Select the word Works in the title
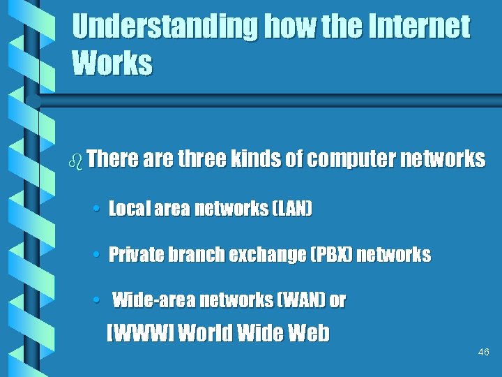(x=112, y=64)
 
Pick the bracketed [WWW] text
(x=139, y=334)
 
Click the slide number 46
(x=484, y=353)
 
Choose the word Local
(x=126, y=209)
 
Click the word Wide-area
(x=153, y=301)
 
